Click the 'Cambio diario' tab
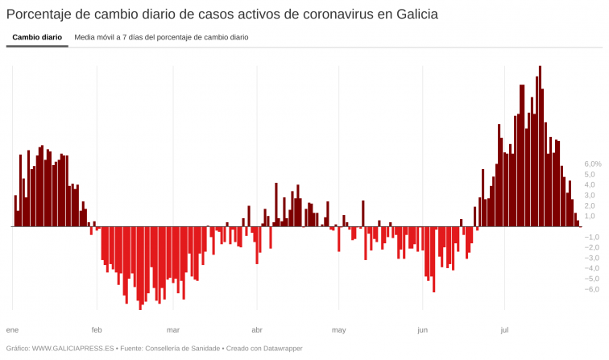37,37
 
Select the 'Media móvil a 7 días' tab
161,37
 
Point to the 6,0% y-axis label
593,163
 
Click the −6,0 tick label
590,289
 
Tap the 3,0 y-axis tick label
590,195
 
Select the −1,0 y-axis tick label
590,237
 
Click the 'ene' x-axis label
12,330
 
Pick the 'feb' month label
97,330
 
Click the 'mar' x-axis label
173,330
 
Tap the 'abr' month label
257,330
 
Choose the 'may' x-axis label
339,330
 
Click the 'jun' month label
423,330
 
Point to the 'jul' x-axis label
504,330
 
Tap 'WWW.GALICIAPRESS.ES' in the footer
72,349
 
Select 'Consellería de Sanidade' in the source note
181,349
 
